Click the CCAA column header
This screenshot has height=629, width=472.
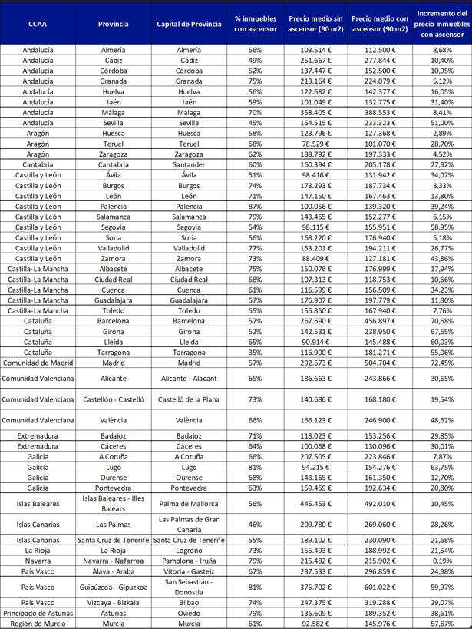coord(37,24)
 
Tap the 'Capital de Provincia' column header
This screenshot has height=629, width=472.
coord(189,24)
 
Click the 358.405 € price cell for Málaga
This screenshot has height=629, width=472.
coord(318,111)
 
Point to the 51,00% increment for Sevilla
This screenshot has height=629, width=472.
coord(442,122)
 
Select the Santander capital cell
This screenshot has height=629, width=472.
coord(189,164)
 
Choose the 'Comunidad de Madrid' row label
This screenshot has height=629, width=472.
coord(38,363)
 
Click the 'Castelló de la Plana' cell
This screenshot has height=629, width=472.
coord(189,399)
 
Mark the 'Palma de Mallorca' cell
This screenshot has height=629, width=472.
coord(189,504)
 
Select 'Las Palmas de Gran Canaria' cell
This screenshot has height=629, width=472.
coord(189,525)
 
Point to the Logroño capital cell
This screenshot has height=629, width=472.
coord(189,551)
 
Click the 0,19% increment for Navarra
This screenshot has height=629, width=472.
coord(442,561)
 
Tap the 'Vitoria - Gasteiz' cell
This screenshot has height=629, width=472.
coord(189,571)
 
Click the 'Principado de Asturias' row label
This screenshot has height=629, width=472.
coord(38,614)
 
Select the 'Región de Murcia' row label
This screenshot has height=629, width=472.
coord(38,624)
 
